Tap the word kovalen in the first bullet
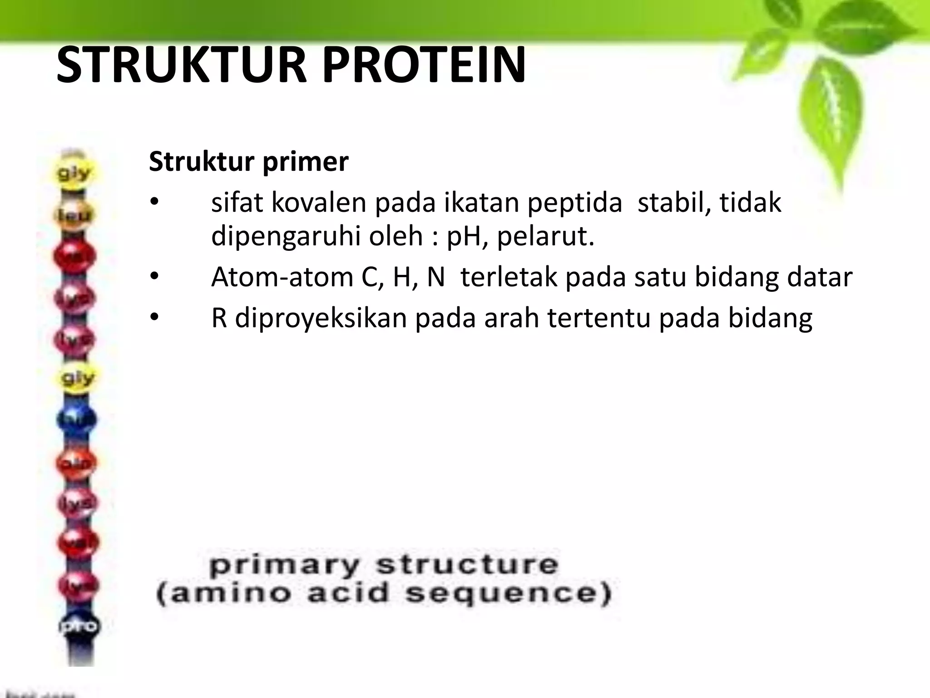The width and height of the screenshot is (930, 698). (318, 203)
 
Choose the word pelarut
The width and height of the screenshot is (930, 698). (545, 236)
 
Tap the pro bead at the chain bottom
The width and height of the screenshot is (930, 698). (78, 626)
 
